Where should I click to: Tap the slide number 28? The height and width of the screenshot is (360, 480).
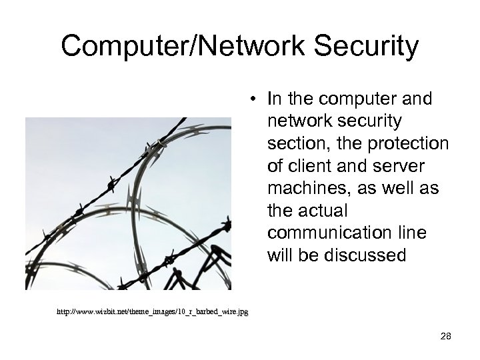(x=446, y=337)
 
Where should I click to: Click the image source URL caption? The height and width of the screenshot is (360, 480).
(x=153, y=311)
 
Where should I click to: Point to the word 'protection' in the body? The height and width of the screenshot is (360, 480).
(x=414, y=144)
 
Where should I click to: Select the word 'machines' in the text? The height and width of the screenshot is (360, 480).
(x=307, y=189)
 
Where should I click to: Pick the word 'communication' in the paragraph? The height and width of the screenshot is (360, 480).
(x=323, y=234)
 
